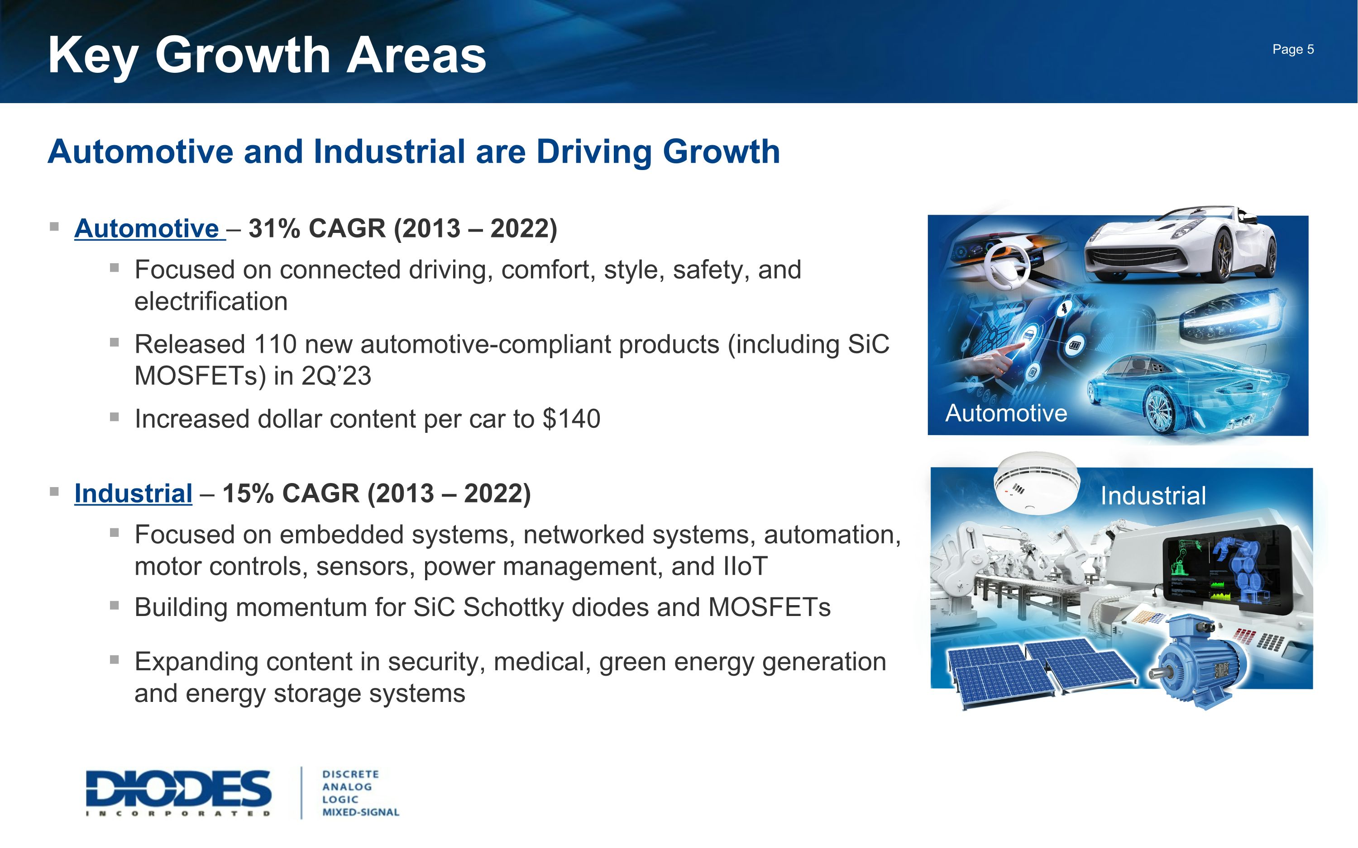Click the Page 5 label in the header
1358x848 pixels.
pos(1292,49)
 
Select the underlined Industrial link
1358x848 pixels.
pos(133,493)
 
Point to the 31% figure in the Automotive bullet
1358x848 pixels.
pos(274,229)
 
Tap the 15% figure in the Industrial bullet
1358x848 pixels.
pos(248,493)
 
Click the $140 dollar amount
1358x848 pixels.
pos(571,419)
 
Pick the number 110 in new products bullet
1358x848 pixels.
pos(274,344)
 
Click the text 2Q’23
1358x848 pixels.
pos(335,376)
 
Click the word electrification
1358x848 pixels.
pos(211,302)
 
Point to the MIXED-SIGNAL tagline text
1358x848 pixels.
pos(360,812)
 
